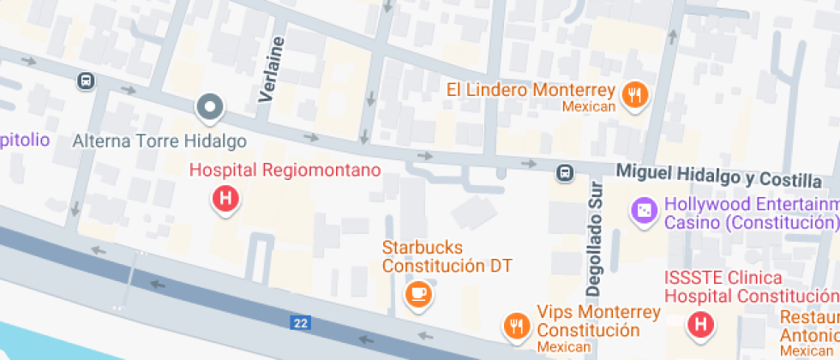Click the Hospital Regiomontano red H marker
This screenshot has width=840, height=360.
[225, 200]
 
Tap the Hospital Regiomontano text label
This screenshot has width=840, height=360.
[285, 171]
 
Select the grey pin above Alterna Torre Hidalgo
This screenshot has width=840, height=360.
[209, 108]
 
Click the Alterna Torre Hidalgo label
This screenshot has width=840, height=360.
[160, 141]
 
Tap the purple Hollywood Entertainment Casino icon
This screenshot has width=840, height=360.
[643, 208]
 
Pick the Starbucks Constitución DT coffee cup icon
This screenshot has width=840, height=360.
[418, 293]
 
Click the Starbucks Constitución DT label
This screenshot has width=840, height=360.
[447, 257]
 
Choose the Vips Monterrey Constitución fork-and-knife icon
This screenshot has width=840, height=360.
[516, 325]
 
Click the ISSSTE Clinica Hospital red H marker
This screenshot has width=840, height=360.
[701, 324]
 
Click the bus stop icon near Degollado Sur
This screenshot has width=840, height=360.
[565, 173]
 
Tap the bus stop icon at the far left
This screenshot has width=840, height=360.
[85, 81]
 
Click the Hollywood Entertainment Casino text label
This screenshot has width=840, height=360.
[751, 213]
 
